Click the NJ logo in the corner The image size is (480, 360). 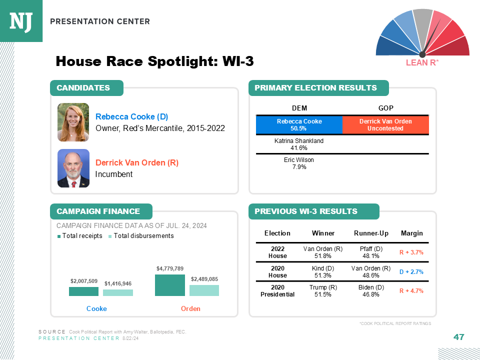[21, 21]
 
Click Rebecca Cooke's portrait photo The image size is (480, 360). [73, 122]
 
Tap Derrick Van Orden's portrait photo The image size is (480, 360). [73, 168]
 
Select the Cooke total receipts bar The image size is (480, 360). [83, 291]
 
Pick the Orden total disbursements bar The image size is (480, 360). [204, 290]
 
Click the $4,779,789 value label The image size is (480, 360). [170, 269]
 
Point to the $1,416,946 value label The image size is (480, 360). [118, 283]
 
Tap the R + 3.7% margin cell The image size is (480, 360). [411, 252]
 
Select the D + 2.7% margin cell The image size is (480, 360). [411, 271]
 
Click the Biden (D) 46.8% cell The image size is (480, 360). [371, 291]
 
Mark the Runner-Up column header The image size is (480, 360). [371, 233]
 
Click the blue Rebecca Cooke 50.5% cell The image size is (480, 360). [299, 125]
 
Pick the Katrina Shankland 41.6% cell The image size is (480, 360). [299, 144]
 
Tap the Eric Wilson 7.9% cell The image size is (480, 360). [299, 163]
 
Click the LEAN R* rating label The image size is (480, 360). [422, 63]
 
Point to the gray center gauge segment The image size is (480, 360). [423, 19]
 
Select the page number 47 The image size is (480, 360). [458, 337]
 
